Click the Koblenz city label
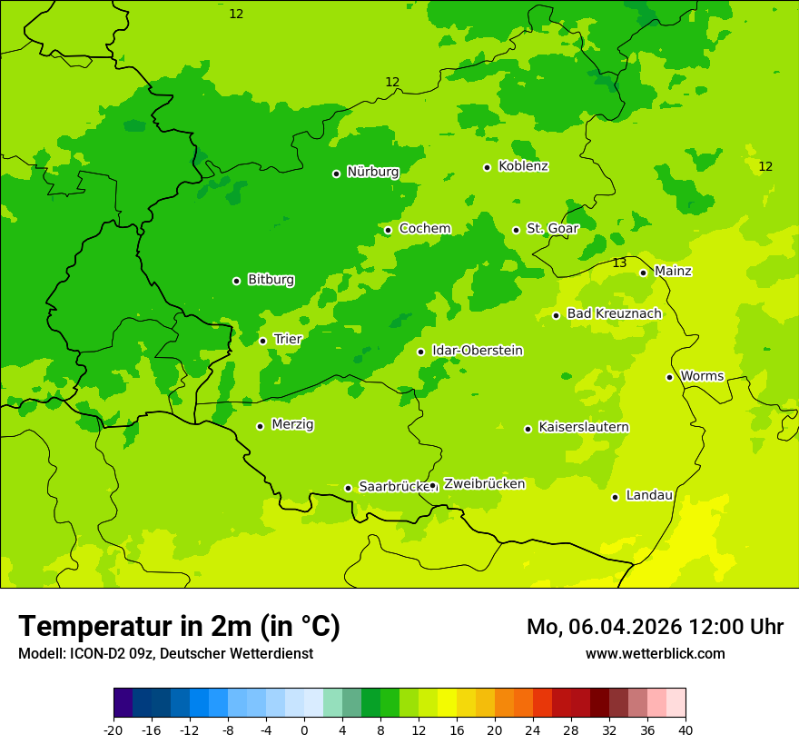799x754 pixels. tap(523, 166)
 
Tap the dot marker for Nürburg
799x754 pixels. tap(336, 174)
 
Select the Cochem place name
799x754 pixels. tap(425, 229)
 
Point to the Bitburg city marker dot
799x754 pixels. tap(236, 281)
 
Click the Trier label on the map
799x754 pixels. tap(288, 340)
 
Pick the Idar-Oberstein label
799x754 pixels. tap(478, 351)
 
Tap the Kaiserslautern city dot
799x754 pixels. tap(528, 429)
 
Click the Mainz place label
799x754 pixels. tap(673, 272)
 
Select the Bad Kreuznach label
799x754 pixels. tap(614, 314)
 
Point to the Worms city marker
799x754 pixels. tap(669, 377)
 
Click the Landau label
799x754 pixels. tap(649, 496)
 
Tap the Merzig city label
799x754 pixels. tap(292, 425)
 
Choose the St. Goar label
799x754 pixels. tap(552, 229)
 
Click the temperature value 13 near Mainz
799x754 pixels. tap(619, 263)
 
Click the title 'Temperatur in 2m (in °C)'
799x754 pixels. tap(179, 627)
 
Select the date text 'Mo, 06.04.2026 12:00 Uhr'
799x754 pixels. tap(655, 627)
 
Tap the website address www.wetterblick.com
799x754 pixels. tap(655, 654)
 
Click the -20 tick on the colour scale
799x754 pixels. tap(113, 730)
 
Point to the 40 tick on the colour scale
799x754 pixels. tap(686, 730)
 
